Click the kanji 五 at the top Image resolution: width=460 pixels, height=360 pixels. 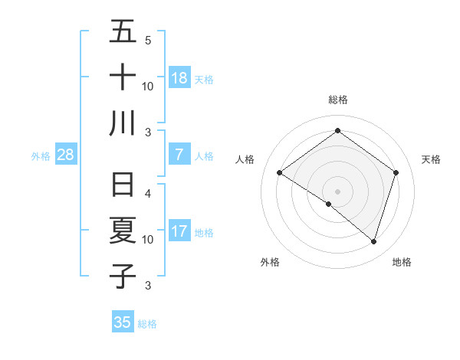pos(123,33)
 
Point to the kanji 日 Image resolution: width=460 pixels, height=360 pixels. pos(123,186)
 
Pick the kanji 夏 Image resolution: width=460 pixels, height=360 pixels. pos(123,231)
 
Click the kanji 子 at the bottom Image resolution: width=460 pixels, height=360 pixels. pos(123,276)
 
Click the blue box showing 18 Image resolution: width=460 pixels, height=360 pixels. pos(179,78)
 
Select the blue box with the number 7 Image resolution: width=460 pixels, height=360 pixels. pos(179,155)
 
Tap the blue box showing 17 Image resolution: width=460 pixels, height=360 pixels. pos(179,231)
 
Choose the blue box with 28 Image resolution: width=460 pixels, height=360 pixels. pos(66,155)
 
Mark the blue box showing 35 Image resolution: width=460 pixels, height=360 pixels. pos(123,322)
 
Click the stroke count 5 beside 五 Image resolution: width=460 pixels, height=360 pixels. pos(148,40)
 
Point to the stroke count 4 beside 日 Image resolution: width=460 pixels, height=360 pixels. pos(148,193)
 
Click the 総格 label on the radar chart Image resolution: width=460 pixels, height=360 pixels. pos(338,100)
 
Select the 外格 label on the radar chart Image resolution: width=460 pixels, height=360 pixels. pos(270,262)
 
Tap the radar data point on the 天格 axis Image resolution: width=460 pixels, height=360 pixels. pos(396,173)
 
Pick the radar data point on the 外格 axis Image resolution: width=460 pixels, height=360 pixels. pos(329,204)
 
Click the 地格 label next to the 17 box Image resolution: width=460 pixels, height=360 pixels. pos(204,232)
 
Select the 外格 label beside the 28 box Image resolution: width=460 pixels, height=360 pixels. pos(41,155)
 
